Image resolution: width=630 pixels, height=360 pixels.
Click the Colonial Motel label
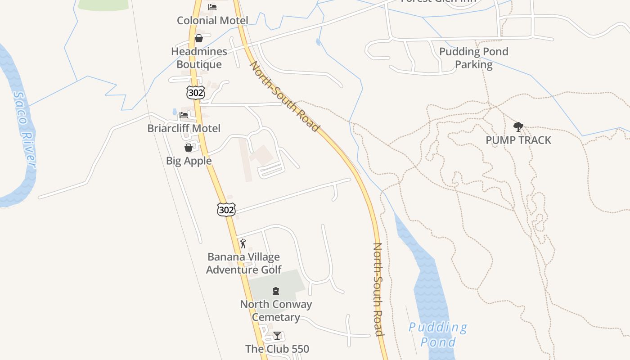(212, 20)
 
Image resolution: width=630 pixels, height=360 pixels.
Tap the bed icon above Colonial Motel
(212, 7)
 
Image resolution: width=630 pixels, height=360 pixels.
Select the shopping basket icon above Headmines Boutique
(199, 38)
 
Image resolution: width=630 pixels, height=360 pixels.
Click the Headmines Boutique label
(199, 58)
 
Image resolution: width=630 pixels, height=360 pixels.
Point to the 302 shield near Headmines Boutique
(195, 93)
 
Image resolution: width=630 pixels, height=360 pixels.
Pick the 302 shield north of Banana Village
(226, 209)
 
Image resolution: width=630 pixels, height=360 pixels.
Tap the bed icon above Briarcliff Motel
(184, 115)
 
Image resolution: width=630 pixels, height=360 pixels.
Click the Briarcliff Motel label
(184, 128)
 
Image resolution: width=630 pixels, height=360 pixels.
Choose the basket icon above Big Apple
(189, 147)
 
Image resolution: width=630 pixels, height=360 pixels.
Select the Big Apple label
(189, 161)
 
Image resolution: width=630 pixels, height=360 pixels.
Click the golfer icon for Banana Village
(243, 243)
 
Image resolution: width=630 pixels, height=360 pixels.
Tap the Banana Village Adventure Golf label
(243, 263)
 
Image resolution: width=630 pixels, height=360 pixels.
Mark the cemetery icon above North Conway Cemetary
(276, 291)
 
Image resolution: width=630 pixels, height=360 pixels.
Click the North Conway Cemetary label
(276, 310)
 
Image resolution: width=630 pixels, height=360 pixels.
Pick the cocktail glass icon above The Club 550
(277, 336)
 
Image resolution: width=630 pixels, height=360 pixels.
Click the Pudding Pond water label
(438, 334)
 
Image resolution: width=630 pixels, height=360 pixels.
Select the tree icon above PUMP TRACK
(518, 127)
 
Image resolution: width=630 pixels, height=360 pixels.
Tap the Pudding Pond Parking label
(473, 58)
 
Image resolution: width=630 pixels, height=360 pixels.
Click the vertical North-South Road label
(378, 289)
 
